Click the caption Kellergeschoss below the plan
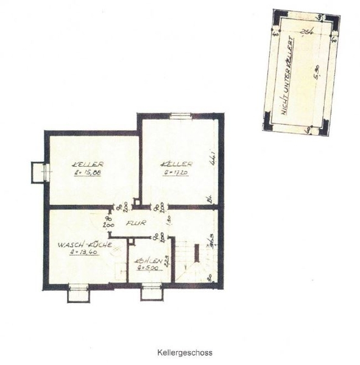click(185, 352)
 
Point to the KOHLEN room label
click(150, 262)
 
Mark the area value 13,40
click(85, 252)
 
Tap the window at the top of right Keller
click(180, 116)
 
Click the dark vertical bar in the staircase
click(196, 252)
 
